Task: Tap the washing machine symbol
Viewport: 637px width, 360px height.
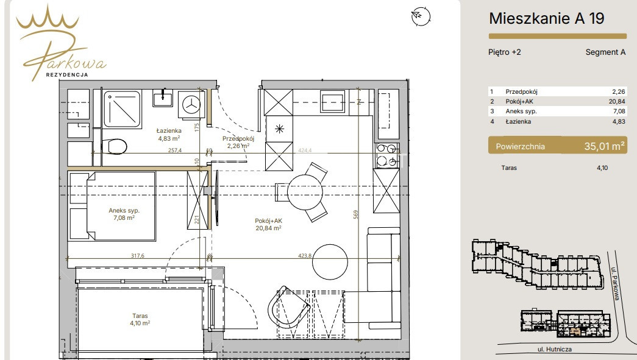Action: pos(191,104)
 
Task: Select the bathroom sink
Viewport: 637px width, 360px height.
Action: pos(163,98)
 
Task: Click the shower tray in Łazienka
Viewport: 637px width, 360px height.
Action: pos(122,109)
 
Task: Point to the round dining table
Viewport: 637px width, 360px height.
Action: pos(305,192)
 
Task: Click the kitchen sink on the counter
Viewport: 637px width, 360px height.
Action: pos(332,101)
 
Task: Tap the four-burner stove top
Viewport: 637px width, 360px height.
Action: pos(386,155)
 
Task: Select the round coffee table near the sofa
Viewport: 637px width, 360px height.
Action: pos(330,262)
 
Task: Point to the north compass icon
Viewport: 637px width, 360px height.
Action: pos(421,16)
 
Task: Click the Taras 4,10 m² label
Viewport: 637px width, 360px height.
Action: pos(140,319)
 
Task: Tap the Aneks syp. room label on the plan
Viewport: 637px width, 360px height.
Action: pos(124,214)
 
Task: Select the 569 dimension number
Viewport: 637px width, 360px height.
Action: pos(356,214)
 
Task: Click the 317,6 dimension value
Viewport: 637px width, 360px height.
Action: pos(138,256)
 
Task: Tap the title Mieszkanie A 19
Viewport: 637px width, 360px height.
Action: pos(546,18)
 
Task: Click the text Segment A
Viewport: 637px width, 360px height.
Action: pos(605,52)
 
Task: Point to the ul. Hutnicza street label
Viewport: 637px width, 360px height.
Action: pos(555,349)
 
